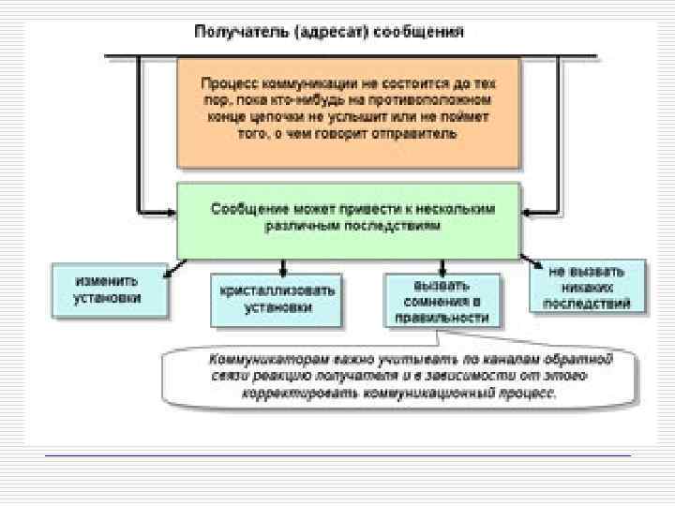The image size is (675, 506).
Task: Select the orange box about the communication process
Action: click(x=349, y=112)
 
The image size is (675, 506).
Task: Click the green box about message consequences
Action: click(x=349, y=219)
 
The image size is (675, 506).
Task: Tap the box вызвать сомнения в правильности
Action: click(x=442, y=300)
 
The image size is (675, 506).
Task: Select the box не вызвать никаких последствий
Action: click(x=588, y=286)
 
